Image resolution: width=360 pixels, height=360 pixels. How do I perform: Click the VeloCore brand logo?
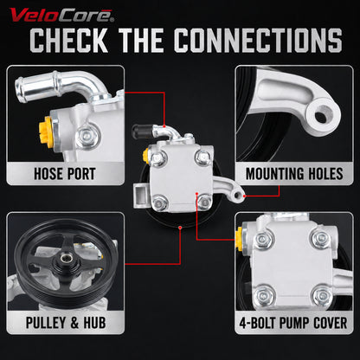tap(61, 16)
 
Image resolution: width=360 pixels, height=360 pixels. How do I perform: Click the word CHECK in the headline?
tap(68, 41)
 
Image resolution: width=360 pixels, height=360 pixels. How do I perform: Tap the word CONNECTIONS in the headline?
tap(258, 41)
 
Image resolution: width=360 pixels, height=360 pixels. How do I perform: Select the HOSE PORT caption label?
tap(65, 174)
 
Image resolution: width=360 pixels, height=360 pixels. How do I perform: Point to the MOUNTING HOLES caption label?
tap(294, 174)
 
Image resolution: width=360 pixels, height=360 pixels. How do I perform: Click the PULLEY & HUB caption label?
tap(66, 323)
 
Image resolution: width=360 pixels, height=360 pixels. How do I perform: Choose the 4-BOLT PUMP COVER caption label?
tap(293, 323)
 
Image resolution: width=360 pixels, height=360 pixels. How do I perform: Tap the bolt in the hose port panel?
tap(87, 135)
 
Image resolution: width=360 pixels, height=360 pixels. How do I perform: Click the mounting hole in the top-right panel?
tap(321, 116)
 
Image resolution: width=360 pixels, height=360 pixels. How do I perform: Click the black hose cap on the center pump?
tap(141, 132)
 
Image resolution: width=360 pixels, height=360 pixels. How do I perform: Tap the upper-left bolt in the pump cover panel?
tap(262, 239)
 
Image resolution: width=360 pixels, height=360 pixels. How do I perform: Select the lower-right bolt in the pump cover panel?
tap(321, 295)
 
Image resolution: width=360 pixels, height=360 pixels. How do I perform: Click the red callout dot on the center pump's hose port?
tap(164, 126)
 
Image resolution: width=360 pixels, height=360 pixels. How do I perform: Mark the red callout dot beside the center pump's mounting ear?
tap(245, 196)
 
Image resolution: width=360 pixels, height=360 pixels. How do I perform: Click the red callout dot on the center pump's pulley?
tap(180, 228)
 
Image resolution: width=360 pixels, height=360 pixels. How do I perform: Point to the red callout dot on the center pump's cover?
tap(196, 194)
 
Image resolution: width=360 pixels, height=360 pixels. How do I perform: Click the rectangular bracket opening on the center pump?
tap(142, 191)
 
